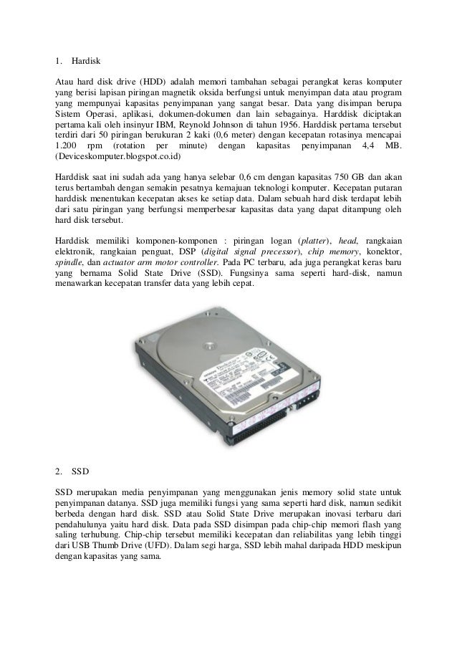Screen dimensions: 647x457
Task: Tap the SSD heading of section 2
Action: click(x=80, y=473)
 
